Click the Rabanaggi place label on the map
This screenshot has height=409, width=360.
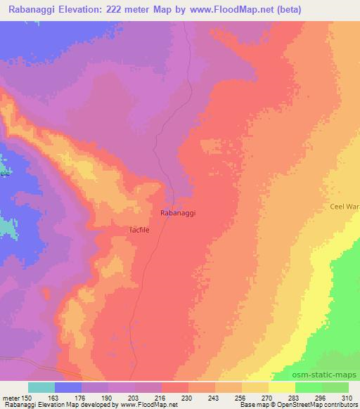pos(178,212)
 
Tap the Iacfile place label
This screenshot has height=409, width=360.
pos(141,229)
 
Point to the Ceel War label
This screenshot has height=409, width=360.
pos(345,207)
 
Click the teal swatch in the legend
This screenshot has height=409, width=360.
pos(41,387)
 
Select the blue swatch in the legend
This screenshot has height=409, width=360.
pos(68,387)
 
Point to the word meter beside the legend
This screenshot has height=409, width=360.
pos(9,398)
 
